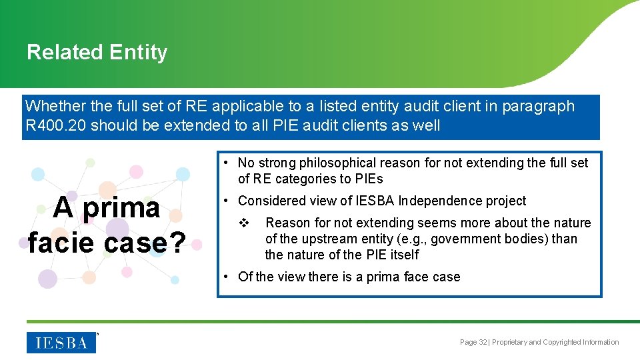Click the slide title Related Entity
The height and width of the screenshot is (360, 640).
tap(97, 53)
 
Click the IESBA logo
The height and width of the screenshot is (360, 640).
tap(61, 343)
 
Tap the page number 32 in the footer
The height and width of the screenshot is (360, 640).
tap(483, 343)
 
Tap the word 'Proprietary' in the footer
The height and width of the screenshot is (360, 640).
tap(509, 343)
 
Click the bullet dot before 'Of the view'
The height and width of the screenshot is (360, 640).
tap(227, 277)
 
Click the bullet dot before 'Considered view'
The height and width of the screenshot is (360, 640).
tap(227, 201)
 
